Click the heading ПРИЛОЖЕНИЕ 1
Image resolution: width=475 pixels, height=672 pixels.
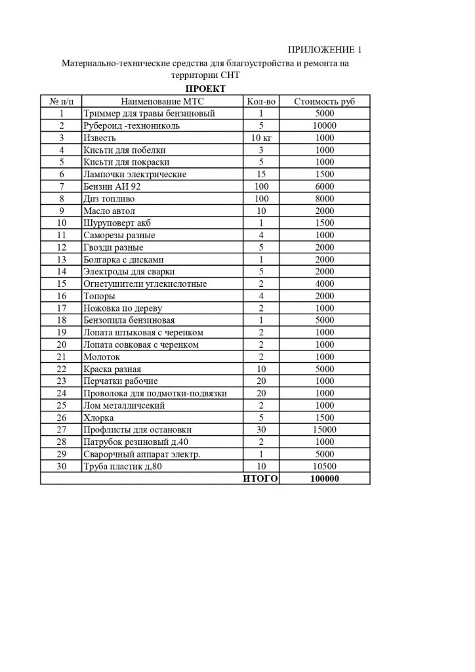pos(325,51)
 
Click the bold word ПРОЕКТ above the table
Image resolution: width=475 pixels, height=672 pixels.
pos(205,89)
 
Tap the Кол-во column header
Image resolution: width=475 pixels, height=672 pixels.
pos(260,102)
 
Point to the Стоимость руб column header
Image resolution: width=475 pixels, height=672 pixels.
pos(325,102)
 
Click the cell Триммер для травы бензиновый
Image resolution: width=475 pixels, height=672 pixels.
pos(149,114)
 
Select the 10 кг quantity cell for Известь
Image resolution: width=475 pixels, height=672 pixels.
pos(260,138)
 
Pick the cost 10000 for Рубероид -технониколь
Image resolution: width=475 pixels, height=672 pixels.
pos(325,126)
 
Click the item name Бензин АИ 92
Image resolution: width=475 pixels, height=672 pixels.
pos(112,186)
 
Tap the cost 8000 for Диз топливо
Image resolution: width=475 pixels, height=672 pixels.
pos(325,198)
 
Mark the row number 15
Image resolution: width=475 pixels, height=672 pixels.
pos(62,283)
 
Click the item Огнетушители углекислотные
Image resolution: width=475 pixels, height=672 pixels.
pos(145,283)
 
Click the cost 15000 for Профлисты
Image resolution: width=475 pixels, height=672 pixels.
pos(325,429)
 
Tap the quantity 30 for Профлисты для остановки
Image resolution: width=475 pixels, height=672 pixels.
pos(260,429)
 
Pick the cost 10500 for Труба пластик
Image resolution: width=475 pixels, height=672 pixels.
pos(325,466)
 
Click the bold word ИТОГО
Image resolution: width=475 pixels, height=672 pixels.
pos(260,478)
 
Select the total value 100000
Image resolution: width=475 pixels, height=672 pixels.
pos(325,478)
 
